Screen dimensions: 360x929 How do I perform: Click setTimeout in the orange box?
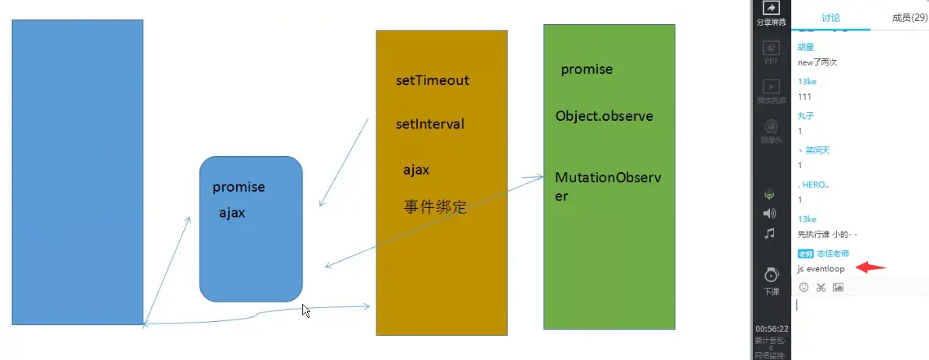pyautogui.click(x=433, y=81)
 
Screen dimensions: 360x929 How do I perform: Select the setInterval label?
pyautogui.click(x=430, y=125)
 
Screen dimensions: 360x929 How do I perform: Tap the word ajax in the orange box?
pyautogui.click(x=416, y=170)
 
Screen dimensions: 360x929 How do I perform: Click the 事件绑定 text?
pyautogui.click(x=435, y=207)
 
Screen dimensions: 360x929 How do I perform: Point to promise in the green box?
pyautogui.click(x=587, y=70)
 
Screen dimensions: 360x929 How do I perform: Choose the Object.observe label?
pyautogui.click(x=604, y=117)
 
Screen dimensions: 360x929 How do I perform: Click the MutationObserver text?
pyautogui.click(x=607, y=186)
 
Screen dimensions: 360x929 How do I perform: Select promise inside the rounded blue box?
pyautogui.click(x=238, y=188)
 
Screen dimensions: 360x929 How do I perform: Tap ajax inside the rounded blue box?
pyautogui.click(x=232, y=213)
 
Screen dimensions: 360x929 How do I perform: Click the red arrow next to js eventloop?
pyautogui.click(x=871, y=268)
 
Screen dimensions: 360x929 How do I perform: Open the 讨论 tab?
pyautogui.click(x=831, y=18)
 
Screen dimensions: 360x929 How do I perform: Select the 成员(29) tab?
pyautogui.click(x=910, y=18)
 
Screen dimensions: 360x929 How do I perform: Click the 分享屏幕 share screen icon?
pyautogui.click(x=771, y=8)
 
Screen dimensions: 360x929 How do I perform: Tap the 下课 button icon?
pyautogui.click(x=771, y=276)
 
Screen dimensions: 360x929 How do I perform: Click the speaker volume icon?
pyautogui.click(x=770, y=214)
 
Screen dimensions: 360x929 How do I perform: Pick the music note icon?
pyautogui.click(x=770, y=233)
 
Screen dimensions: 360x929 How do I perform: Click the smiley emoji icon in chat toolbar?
pyautogui.click(x=804, y=288)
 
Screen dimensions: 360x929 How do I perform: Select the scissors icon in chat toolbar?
pyautogui.click(x=821, y=288)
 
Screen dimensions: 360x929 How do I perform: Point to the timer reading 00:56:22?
pyautogui.click(x=772, y=329)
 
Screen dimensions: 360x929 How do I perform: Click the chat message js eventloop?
pyautogui.click(x=821, y=269)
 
